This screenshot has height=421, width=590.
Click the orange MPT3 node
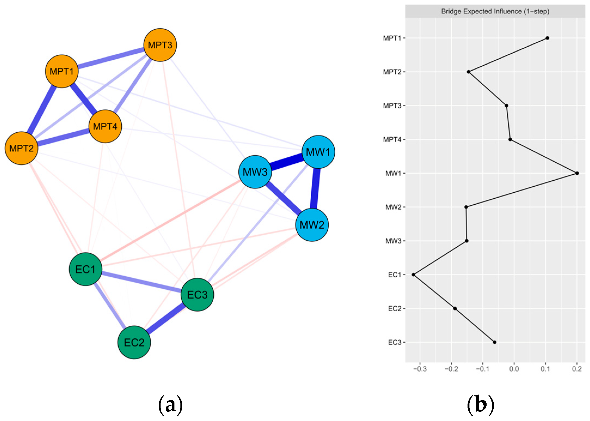coord(160,45)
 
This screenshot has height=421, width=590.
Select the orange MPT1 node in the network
coord(62,71)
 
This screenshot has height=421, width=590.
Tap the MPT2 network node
coord(21,148)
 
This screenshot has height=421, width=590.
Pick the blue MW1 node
coord(318,152)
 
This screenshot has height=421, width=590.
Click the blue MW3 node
coord(255,172)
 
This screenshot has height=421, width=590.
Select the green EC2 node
coord(134,342)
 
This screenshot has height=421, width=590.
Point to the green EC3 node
coord(197,295)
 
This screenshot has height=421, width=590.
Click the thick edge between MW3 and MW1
coord(287,162)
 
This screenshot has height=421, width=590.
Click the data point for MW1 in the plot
coord(577,173)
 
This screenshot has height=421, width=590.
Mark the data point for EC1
coord(413,275)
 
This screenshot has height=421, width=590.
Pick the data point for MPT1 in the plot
coord(547,38)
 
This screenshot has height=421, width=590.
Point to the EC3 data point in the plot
coord(494,342)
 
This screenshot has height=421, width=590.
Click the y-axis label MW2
coord(393,207)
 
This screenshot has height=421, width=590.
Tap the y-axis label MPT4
coord(392,140)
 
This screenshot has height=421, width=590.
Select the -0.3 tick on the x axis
coord(420,369)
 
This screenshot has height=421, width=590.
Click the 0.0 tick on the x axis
coord(514,369)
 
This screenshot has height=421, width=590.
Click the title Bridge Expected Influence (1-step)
coord(495,11)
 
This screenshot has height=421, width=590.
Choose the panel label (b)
coord(480,405)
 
